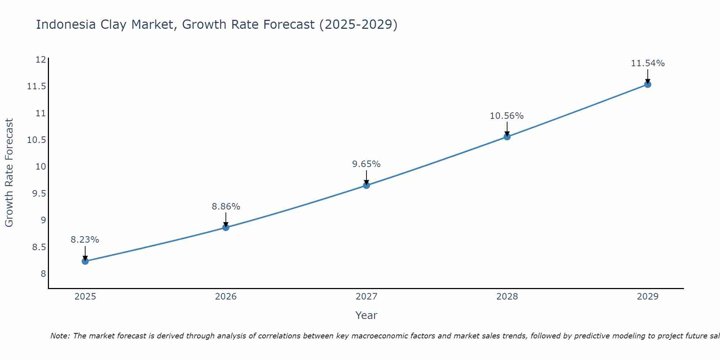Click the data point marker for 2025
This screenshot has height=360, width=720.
(85, 261)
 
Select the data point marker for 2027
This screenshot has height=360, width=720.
(366, 185)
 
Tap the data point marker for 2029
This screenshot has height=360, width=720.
(648, 84)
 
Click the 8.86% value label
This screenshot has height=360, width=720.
(226, 207)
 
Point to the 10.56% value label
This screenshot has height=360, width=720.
(507, 116)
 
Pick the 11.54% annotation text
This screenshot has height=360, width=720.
(648, 63)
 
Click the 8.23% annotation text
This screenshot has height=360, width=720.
(85, 240)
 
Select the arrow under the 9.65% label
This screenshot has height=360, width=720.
(366, 177)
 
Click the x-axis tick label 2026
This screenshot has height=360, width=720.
(226, 297)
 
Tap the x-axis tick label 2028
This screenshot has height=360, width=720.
(507, 297)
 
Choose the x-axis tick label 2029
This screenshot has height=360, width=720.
(648, 297)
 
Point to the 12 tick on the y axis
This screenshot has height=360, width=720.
(41, 60)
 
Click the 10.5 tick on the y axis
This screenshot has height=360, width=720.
(37, 140)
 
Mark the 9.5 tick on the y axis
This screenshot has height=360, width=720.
(39, 194)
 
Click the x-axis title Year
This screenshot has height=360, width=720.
(366, 315)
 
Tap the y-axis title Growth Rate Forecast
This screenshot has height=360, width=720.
(9, 173)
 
